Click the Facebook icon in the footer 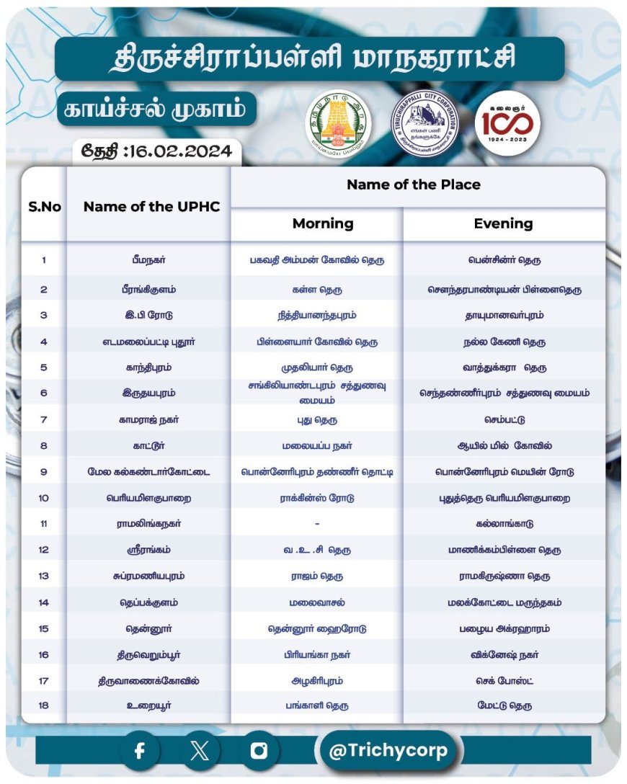click(x=140, y=751)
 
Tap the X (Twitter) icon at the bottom click(x=200, y=751)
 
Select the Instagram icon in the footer click(x=259, y=751)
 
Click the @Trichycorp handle click(x=388, y=751)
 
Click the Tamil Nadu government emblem click(x=338, y=121)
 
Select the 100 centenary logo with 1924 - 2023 click(x=507, y=121)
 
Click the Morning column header click(x=323, y=224)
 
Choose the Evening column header click(x=503, y=224)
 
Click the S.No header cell click(x=45, y=206)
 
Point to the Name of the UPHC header click(x=151, y=206)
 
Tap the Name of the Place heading click(x=414, y=185)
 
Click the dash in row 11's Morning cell click(x=317, y=524)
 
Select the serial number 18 click(x=44, y=705)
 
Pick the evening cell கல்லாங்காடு click(x=504, y=524)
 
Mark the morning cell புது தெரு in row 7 click(x=317, y=420)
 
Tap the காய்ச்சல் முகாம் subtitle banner click(x=156, y=110)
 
